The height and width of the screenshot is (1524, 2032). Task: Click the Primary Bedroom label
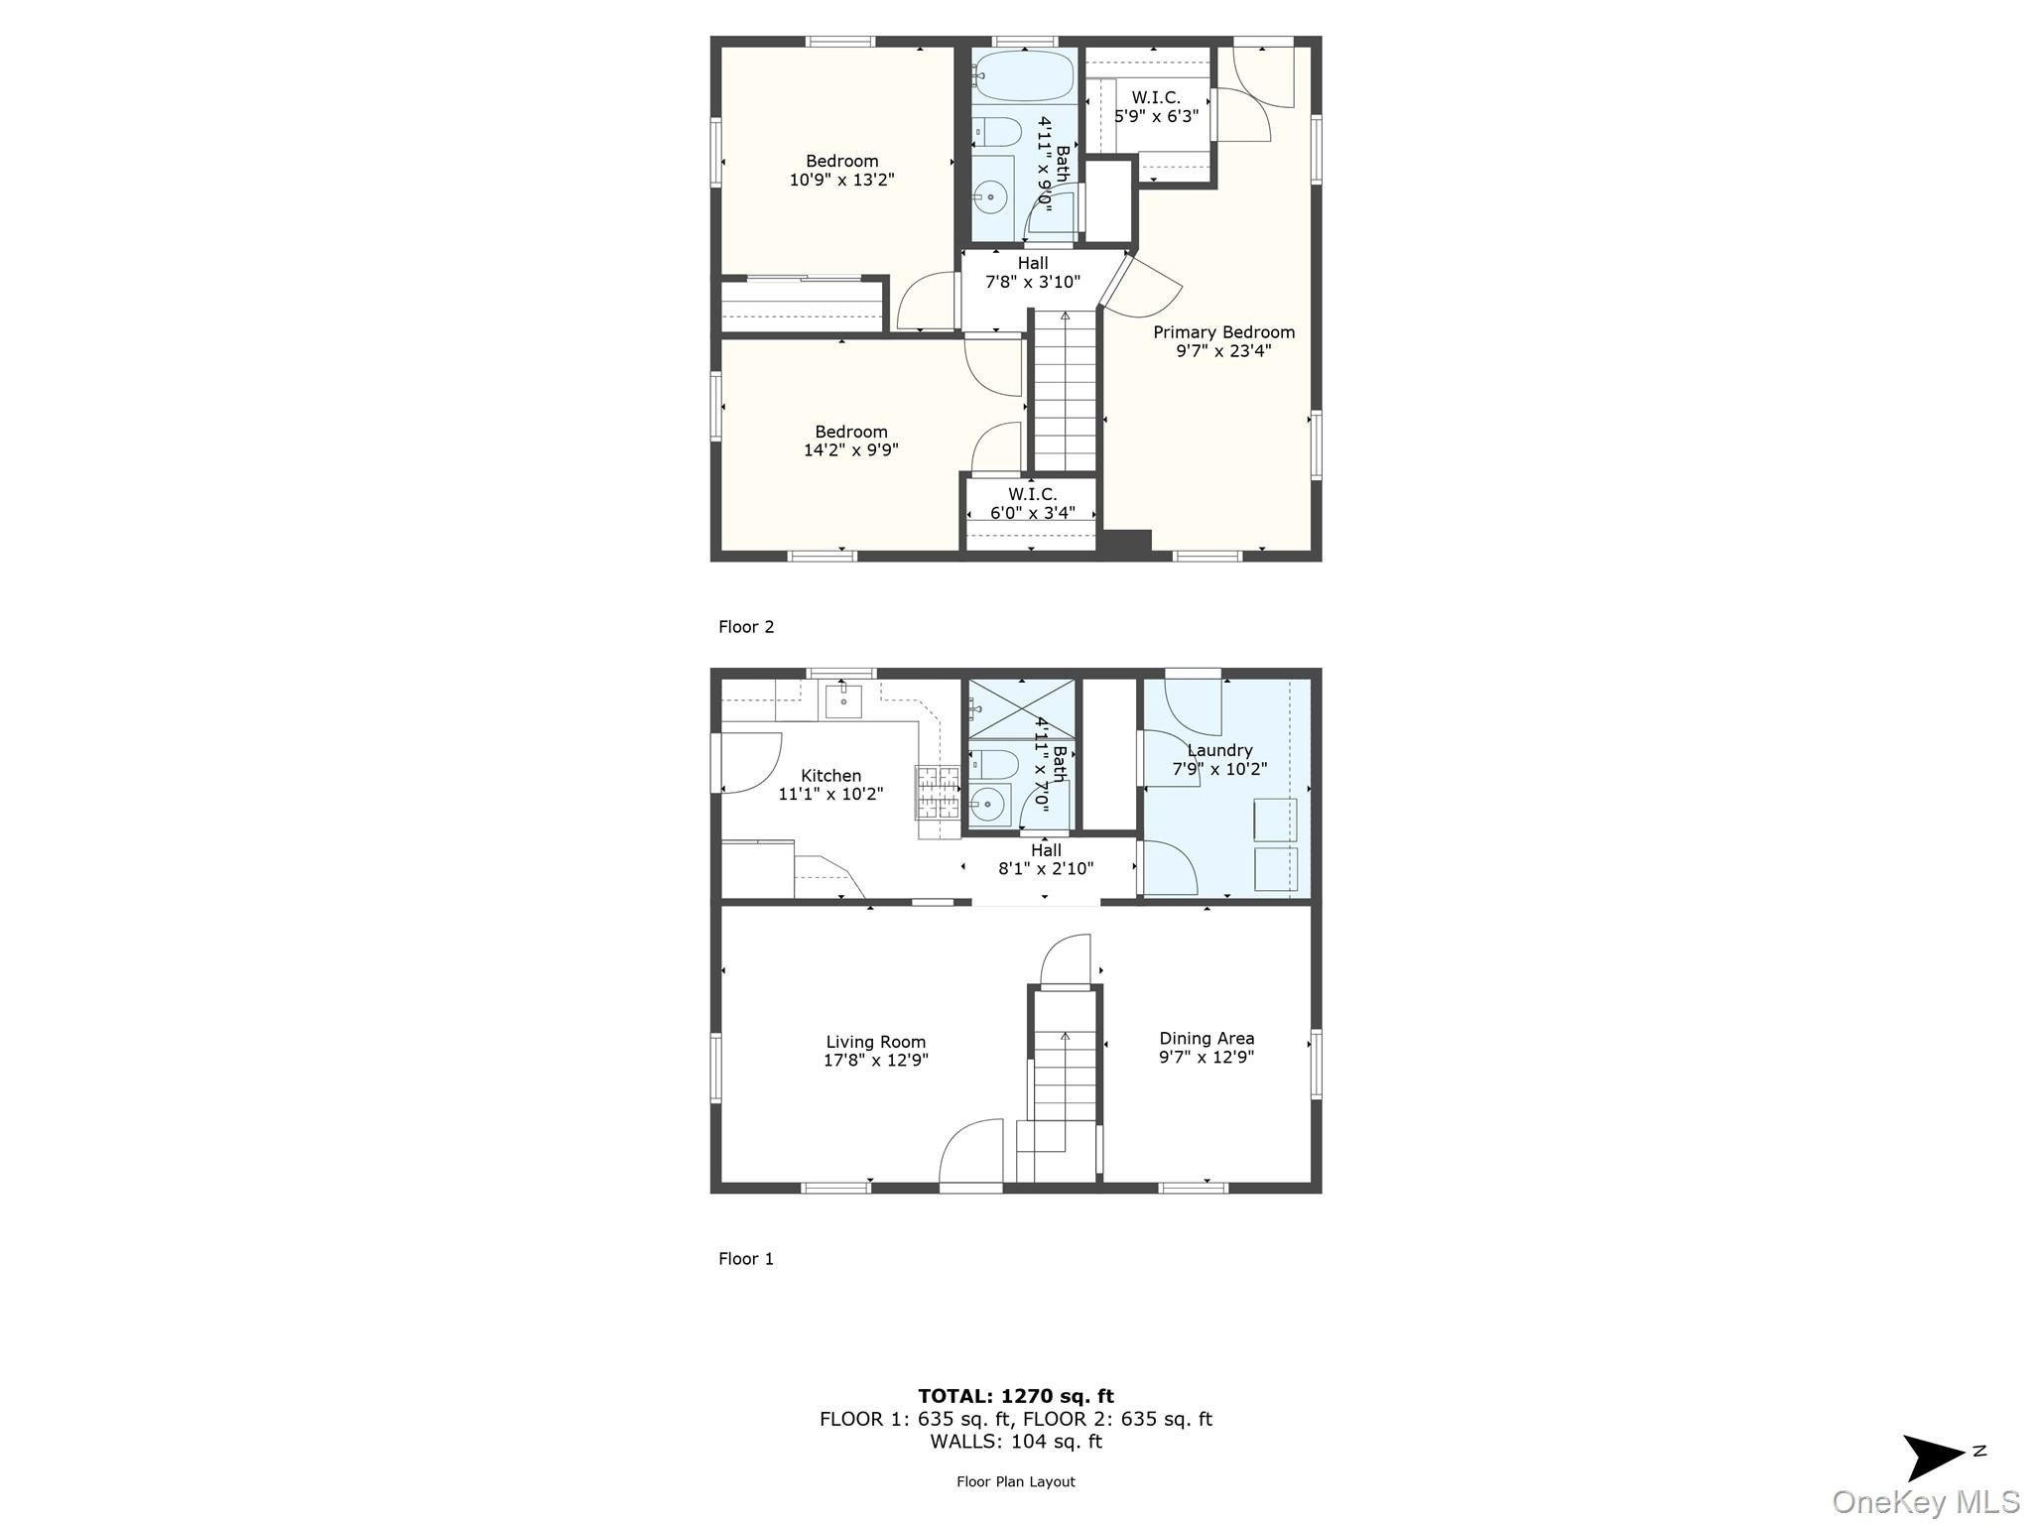click(1223, 332)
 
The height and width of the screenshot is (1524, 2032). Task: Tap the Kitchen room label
click(831, 776)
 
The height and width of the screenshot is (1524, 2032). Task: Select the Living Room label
click(876, 1042)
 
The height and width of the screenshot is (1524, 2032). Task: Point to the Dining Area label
click(1206, 1039)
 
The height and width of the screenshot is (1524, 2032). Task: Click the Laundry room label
click(1219, 751)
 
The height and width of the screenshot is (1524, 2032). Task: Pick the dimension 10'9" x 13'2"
click(842, 180)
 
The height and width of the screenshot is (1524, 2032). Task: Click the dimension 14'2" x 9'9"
click(851, 449)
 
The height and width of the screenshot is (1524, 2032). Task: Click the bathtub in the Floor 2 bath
click(1023, 75)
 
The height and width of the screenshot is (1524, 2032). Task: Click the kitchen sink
click(843, 699)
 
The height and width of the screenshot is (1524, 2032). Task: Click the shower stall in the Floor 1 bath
click(1021, 708)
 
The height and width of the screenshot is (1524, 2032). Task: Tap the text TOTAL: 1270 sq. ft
click(1016, 1397)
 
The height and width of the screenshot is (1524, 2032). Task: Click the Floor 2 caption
click(746, 627)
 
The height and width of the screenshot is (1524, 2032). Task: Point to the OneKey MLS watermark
click(1926, 1502)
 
